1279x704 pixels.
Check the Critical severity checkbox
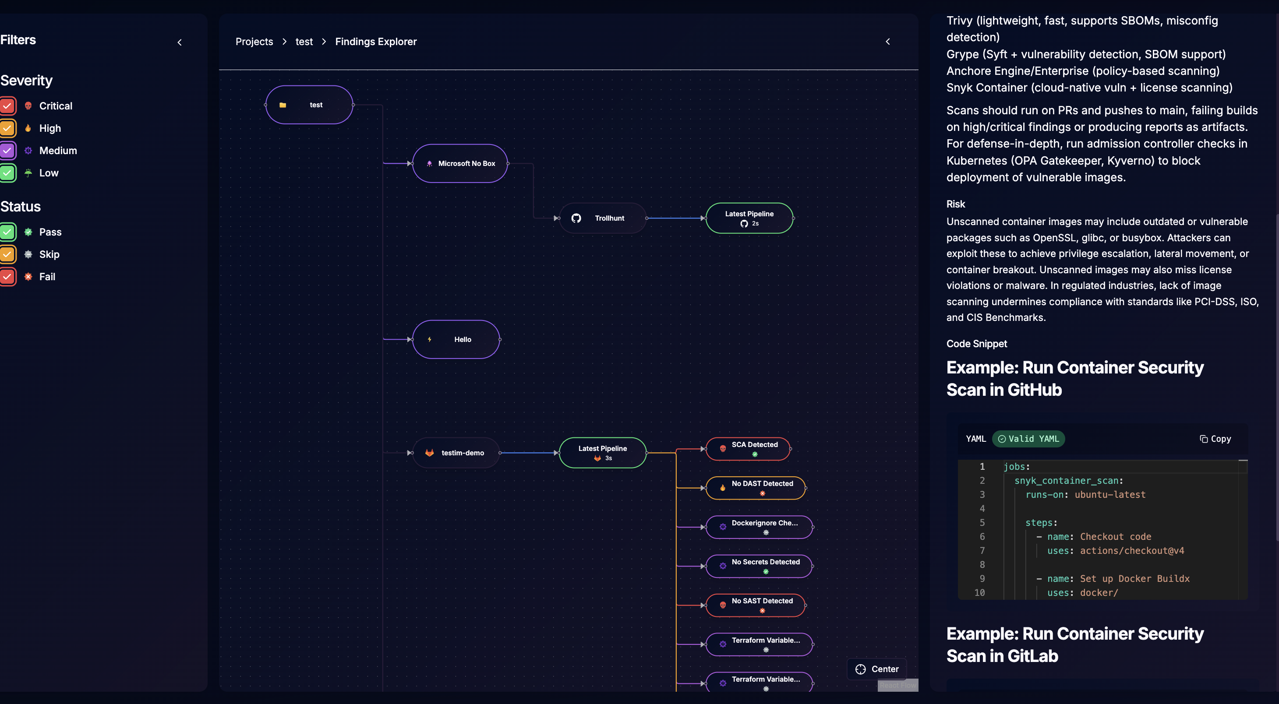click(x=7, y=106)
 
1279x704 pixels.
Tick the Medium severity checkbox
click(x=7, y=150)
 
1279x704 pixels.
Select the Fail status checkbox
click(x=7, y=276)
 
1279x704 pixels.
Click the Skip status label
click(x=49, y=254)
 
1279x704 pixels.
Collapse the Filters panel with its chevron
click(x=180, y=42)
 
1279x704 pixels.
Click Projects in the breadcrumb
click(x=254, y=42)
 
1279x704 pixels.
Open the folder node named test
click(x=309, y=105)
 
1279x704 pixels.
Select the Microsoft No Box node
click(x=460, y=163)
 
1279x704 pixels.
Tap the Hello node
click(x=456, y=339)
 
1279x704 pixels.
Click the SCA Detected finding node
click(x=748, y=448)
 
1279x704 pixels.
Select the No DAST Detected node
click(x=755, y=487)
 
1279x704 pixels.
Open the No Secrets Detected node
click(x=759, y=566)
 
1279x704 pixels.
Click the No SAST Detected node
click(x=755, y=605)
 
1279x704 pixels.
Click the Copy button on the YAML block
click(x=1215, y=439)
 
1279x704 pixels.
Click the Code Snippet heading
click(x=976, y=343)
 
